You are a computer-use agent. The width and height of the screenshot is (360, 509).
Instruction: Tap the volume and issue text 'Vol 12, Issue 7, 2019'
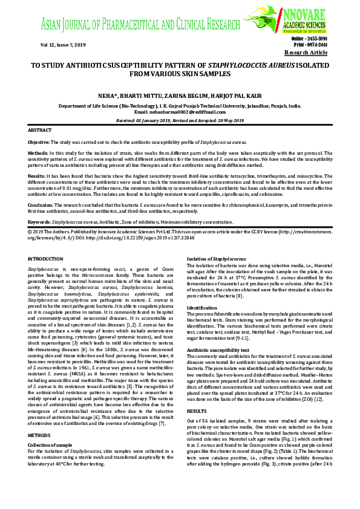coord(63,45)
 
